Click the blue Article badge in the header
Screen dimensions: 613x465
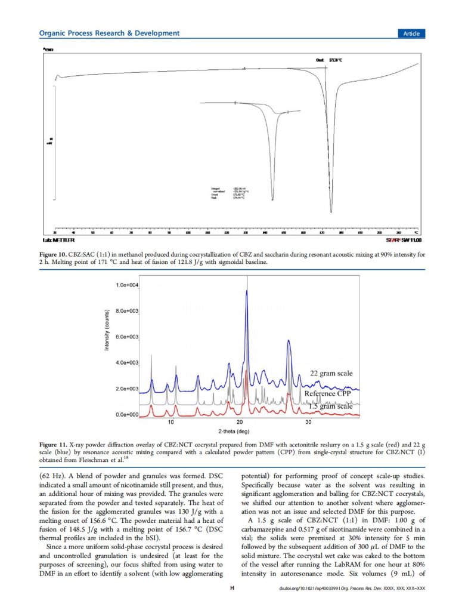[x=411, y=33]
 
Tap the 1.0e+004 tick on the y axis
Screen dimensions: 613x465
[x=127, y=285]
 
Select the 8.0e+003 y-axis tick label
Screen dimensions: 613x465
[x=127, y=311]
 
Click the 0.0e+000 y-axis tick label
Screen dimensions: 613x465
[x=127, y=414]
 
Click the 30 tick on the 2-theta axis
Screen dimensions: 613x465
[x=309, y=422]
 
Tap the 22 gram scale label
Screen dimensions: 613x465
[x=331, y=374]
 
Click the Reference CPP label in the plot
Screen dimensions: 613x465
[x=328, y=394]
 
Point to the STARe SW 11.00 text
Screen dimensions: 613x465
[x=404, y=239]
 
